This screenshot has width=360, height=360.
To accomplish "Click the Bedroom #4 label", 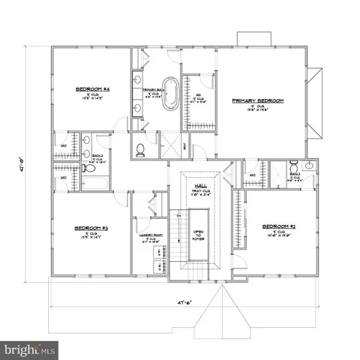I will (93, 89).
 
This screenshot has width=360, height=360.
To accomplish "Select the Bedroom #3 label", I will (92, 228).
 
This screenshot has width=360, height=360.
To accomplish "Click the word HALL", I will (200, 184).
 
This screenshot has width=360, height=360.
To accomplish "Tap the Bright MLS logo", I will (30, 349).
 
